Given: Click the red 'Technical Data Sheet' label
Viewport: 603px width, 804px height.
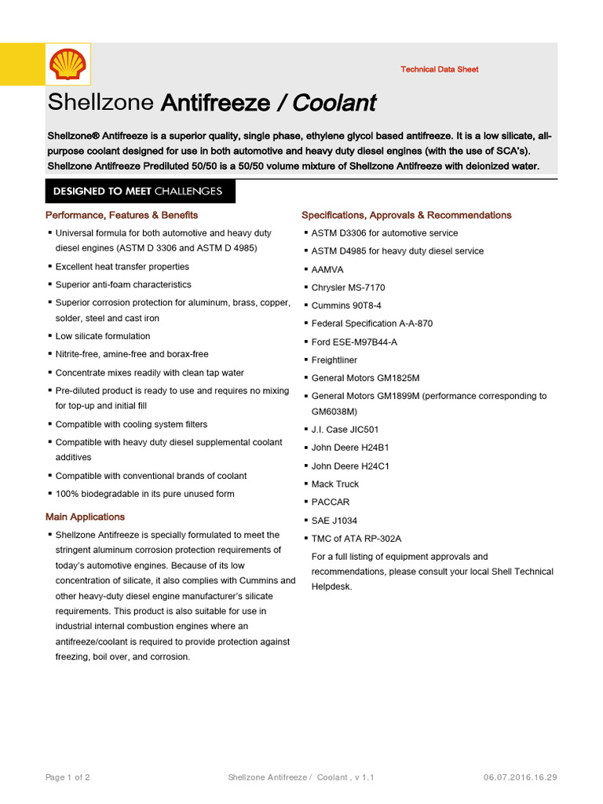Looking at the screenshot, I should pos(439,69).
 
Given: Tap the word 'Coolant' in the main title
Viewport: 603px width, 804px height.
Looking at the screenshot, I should pos(335,103).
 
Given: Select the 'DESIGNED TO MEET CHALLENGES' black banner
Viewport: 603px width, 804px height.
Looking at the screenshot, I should pos(137,191).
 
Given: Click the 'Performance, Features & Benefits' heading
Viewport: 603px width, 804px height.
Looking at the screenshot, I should pos(122,215).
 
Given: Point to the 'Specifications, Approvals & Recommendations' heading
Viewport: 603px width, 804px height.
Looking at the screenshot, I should pos(406,215).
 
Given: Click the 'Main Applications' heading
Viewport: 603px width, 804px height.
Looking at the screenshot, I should pos(85,517).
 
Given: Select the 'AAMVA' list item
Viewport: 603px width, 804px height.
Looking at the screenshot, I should pos(327,269).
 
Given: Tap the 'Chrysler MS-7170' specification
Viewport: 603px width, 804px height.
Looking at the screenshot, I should pos(348,287).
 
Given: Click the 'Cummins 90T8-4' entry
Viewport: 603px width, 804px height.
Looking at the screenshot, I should pos(346,305).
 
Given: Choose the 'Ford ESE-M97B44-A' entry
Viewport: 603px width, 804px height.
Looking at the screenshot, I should pos(354,342).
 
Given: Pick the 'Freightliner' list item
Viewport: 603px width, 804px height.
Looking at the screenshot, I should pos(334,360).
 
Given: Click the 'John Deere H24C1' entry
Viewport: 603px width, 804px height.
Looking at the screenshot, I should pos(350,466).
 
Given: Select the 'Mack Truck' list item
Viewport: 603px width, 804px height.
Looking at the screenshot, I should pos(334,484).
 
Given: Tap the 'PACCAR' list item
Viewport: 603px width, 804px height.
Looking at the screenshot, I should pos(331,502).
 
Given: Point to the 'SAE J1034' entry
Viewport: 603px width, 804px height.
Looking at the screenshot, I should pos(335,521).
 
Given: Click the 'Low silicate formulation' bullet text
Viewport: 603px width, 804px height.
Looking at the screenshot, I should pos(102,336).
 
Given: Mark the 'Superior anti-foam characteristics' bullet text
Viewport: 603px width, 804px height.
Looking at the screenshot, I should pos(122,284).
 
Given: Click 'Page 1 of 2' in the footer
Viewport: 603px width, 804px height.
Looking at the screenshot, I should pos(68,777).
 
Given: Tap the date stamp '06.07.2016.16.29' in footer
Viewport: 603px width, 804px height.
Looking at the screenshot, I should pos(521,777).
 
